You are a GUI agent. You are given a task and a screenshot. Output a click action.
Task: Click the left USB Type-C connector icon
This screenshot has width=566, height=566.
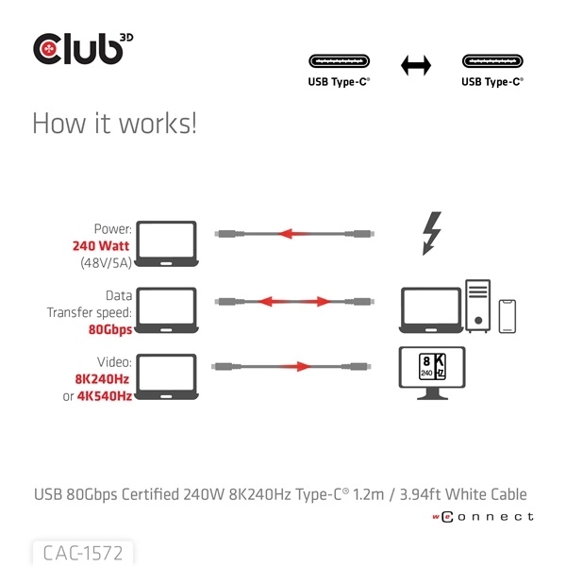(x=339, y=62)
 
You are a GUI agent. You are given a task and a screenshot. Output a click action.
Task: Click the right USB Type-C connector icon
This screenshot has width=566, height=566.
(x=491, y=62)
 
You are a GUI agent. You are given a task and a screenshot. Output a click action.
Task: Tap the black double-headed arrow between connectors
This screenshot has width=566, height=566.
(x=415, y=65)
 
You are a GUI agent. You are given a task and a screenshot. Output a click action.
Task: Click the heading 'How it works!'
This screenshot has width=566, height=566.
(x=114, y=125)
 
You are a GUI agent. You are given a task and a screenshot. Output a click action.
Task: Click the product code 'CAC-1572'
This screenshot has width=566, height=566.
(x=82, y=550)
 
